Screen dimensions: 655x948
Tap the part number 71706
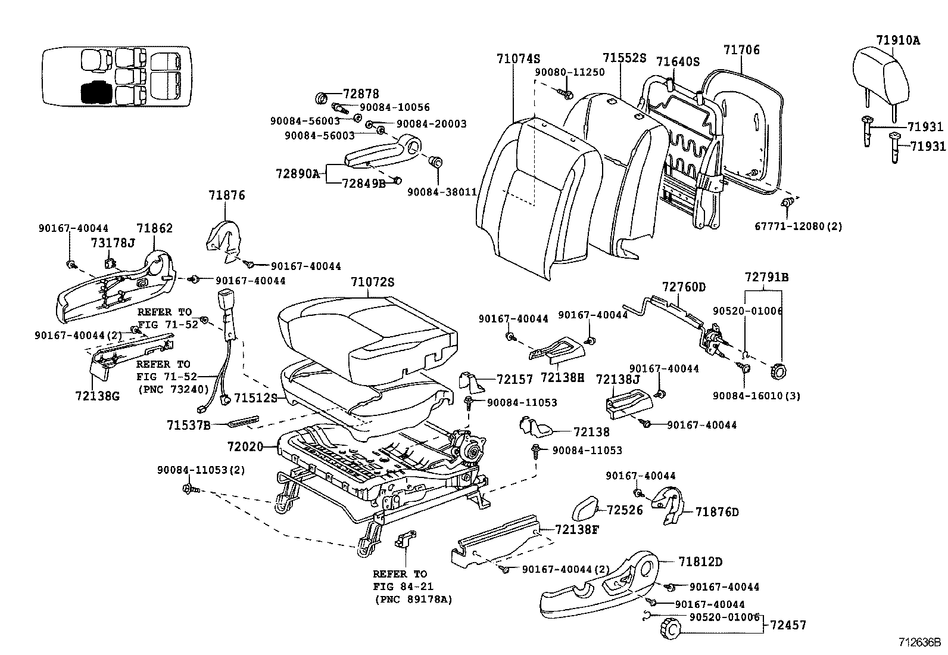click(x=741, y=50)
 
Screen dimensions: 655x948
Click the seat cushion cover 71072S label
click(x=372, y=282)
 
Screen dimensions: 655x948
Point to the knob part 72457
click(x=670, y=628)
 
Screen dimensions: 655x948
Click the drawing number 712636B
click(x=919, y=643)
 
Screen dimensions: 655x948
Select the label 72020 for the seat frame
click(x=245, y=446)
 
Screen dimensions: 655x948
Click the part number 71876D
click(x=717, y=512)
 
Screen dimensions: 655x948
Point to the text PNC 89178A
click(x=413, y=600)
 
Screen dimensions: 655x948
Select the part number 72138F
click(x=576, y=529)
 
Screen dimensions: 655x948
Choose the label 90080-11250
click(x=569, y=72)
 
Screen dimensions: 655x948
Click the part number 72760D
click(x=684, y=287)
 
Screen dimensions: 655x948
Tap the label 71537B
click(x=188, y=425)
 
